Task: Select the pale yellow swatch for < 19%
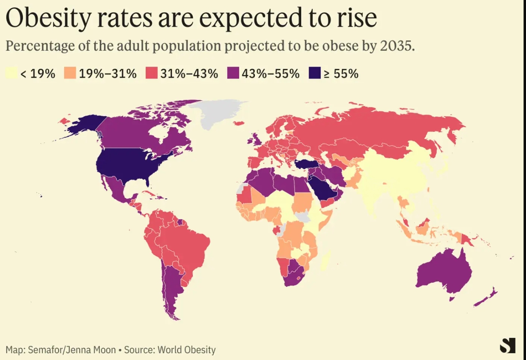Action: (11, 73)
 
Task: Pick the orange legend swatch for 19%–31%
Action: (70, 73)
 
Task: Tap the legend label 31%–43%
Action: (189, 73)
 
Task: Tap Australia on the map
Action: (444, 272)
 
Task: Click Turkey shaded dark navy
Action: (305, 164)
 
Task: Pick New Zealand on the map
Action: (485, 298)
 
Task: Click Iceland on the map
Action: (239, 123)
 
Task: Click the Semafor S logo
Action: (507, 345)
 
